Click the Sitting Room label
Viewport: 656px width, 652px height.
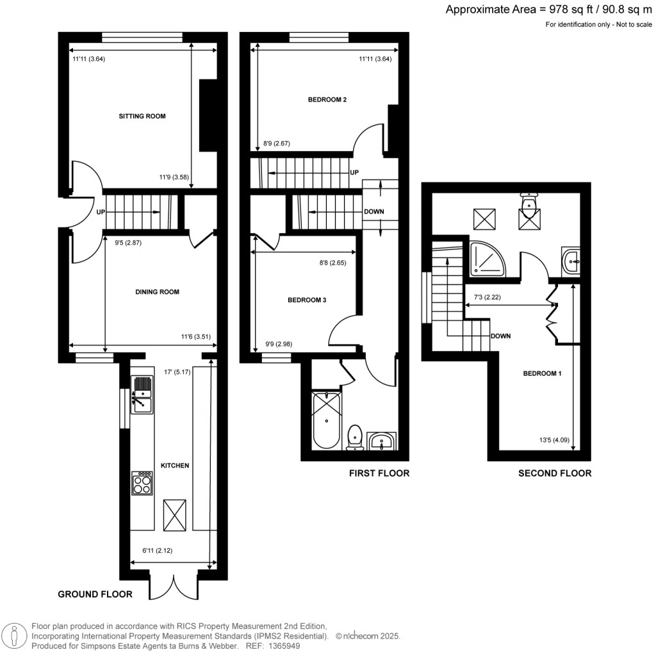pyautogui.click(x=142, y=117)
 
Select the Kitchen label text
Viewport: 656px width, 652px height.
pyautogui.click(x=174, y=466)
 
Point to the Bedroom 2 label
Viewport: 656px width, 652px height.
pyautogui.click(x=327, y=100)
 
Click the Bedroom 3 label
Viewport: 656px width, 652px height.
pyautogui.click(x=307, y=300)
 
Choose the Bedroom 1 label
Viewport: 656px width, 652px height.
pyautogui.click(x=542, y=374)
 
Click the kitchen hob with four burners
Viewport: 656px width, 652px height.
pyautogui.click(x=142, y=483)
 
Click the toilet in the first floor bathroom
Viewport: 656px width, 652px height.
pyautogui.click(x=354, y=438)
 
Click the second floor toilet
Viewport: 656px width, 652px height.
pyautogui.click(x=529, y=204)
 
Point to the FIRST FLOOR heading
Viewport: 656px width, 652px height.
pyautogui.click(x=379, y=474)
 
